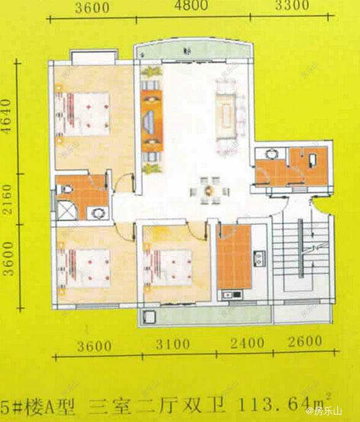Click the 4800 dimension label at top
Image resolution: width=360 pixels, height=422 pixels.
point(191,5)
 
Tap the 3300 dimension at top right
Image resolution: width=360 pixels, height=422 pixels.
point(292,5)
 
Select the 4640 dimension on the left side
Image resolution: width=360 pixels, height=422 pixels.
point(7,116)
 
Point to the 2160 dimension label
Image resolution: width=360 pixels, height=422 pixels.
point(7,199)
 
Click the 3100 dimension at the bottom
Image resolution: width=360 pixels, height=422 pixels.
point(173,344)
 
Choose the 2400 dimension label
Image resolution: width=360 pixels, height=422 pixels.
point(247,343)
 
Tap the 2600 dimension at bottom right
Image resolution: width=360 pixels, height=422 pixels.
point(305,341)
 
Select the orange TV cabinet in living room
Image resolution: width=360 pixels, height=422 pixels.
point(152,120)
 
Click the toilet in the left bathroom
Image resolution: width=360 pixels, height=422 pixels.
point(64,189)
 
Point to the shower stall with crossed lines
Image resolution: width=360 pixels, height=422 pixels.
point(65,211)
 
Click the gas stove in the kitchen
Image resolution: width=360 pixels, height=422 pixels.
point(259,258)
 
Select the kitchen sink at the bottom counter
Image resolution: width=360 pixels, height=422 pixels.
point(232,295)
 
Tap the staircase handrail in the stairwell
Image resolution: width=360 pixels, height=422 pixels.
point(301,248)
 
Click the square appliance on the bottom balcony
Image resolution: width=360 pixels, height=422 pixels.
point(149,317)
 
